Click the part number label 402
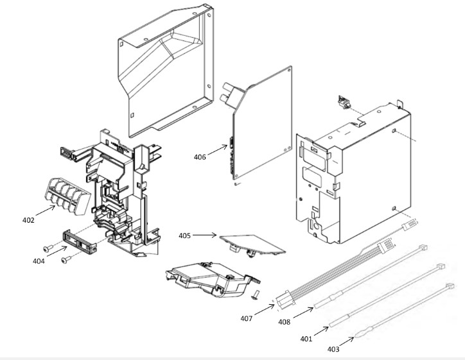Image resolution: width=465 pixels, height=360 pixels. click(x=28, y=220)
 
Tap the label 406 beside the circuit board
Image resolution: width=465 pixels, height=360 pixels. click(x=199, y=156)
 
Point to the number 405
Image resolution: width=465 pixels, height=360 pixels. click(x=185, y=236)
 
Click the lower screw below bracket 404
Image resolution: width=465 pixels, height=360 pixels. click(x=65, y=260)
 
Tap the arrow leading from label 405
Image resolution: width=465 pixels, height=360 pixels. click(x=207, y=236)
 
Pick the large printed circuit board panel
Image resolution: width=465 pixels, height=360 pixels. click(x=263, y=128)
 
